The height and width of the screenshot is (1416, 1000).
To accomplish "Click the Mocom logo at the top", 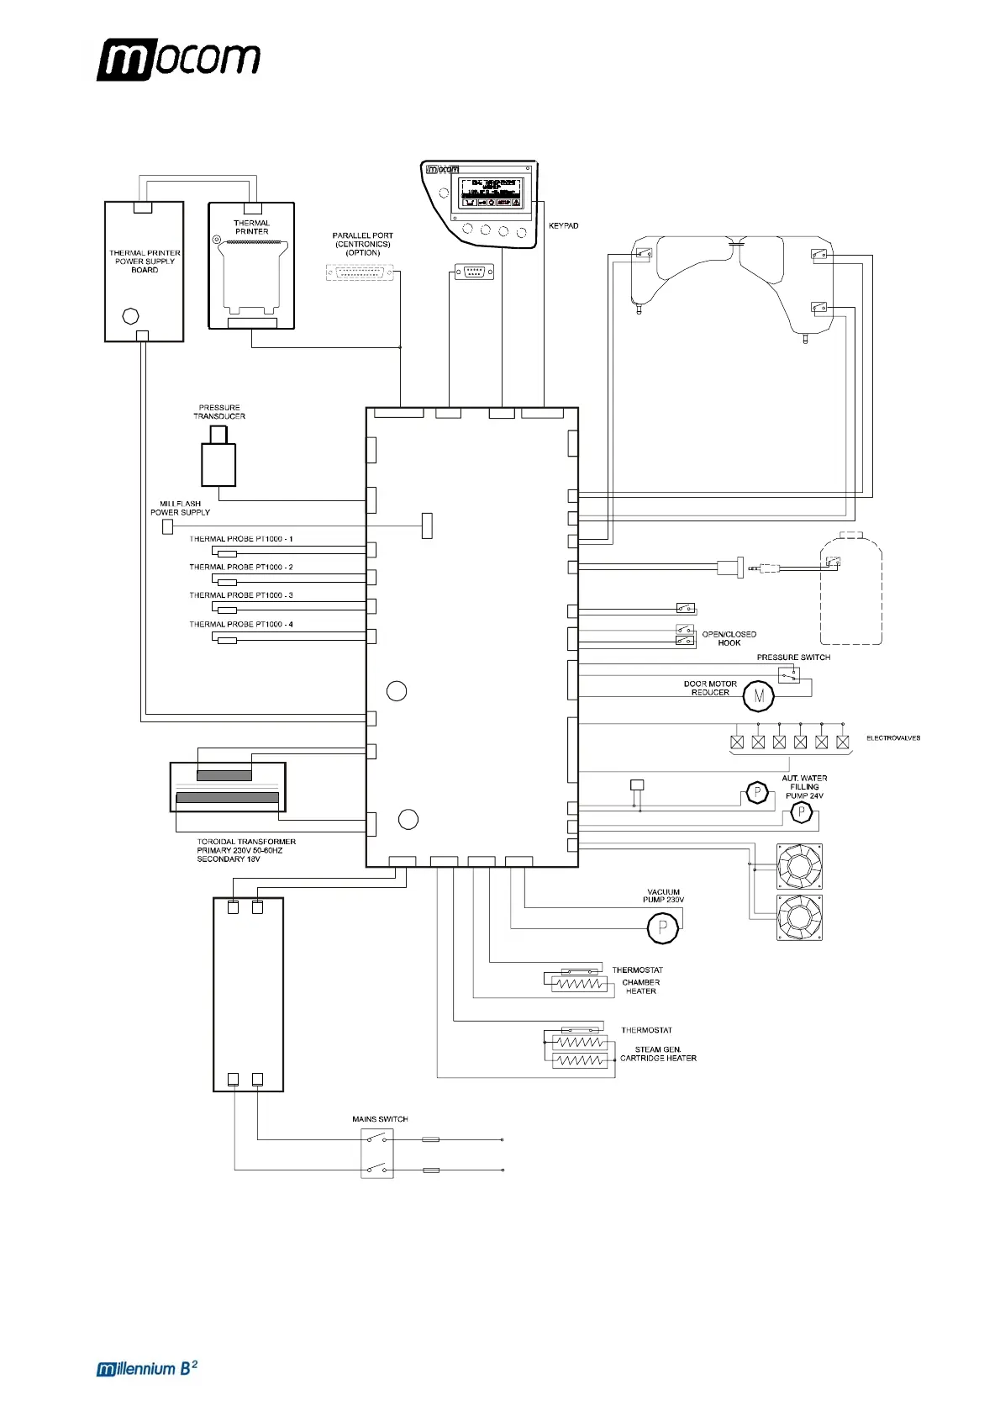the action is pyautogui.click(x=178, y=60).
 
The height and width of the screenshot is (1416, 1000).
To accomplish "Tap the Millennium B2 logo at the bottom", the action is pyautogui.click(x=147, y=1368).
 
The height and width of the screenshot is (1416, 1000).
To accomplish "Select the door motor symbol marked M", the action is pyautogui.click(x=758, y=696).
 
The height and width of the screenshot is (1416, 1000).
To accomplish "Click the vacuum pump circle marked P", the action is pyautogui.click(x=662, y=927).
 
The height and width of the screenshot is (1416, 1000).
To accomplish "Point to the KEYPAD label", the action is pyautogui.click(x=563, y=226).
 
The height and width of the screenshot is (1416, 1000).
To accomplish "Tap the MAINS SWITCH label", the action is pyautogui.click(x=380, y=1119).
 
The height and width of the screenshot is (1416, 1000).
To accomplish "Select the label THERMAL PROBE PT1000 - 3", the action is pyautogui.click(x=241, y=595).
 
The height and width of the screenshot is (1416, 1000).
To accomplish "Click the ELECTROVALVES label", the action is pyautogui.click(x=892, y=738).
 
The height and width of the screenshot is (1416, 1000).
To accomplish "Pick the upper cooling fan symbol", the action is pyautogui.click(x=799, y=866).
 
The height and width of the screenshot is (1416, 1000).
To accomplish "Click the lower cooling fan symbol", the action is pyautogui.click(x=799, y=917).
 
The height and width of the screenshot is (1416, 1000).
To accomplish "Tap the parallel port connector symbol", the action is pyautogui.click(x=360, y=272).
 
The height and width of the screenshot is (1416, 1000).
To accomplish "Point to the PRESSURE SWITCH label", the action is pyautogui.click(x=793, y=658).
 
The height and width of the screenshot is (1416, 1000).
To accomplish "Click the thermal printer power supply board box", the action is pyautogui.click(x=144, y=272).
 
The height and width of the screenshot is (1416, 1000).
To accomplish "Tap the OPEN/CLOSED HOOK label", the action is pyautogui.click(x=729, y=638).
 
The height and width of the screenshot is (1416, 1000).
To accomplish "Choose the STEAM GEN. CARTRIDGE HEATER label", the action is pyautogui.click(x=658, y=1054).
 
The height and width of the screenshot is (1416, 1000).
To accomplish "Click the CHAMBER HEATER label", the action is pyautogui.click(x=640, y=986).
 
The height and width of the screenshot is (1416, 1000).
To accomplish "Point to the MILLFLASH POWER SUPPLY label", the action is pyautogui.click(x=180, y=508).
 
